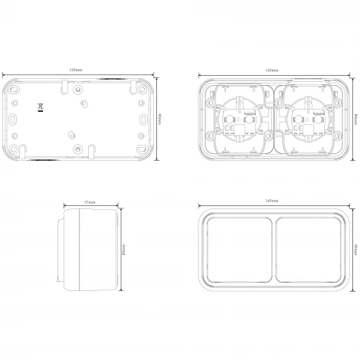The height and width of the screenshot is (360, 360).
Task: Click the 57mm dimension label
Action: coord(90,202)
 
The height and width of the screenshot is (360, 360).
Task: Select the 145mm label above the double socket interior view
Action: coord(271,70)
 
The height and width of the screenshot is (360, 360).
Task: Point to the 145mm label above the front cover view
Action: coord(271,200)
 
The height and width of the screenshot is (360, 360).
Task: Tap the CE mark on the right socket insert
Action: coord(306,129)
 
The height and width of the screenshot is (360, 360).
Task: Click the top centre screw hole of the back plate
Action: coord(79,89)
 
